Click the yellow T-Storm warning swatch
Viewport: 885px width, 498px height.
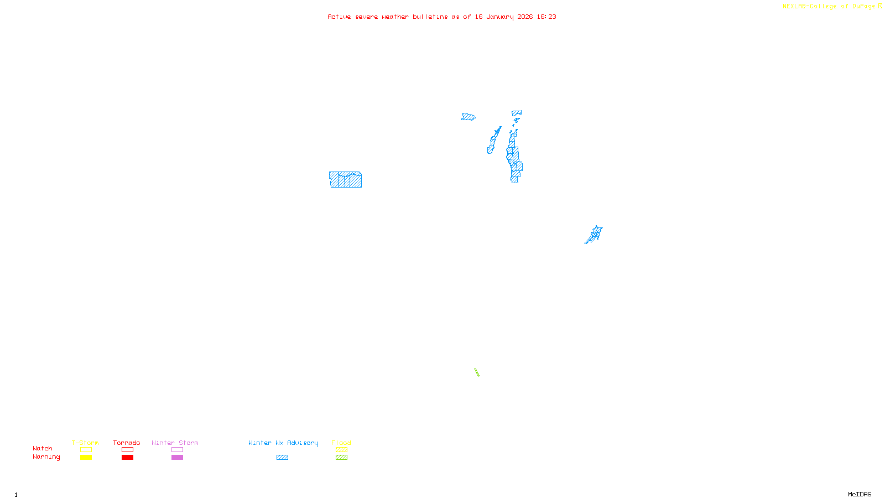86,458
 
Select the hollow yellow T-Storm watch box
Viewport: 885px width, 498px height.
86,450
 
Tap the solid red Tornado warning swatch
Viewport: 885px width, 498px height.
127,458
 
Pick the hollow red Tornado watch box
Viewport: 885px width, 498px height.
127,450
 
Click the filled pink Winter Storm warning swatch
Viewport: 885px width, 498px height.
177,458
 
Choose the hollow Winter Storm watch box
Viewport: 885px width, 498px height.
177,450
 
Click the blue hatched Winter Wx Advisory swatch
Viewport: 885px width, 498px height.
282,458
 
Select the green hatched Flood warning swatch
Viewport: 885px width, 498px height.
341,458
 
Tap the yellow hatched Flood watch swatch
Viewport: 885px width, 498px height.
341,450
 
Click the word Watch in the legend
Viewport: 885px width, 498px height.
43,449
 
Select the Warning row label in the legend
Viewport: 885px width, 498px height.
46,457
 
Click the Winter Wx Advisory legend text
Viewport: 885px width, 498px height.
283,443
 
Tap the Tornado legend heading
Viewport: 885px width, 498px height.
127,443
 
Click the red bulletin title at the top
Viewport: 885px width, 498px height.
441,17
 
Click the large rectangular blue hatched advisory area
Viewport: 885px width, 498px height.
345,180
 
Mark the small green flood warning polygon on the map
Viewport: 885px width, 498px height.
477,372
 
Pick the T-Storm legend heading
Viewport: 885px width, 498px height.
85,443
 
